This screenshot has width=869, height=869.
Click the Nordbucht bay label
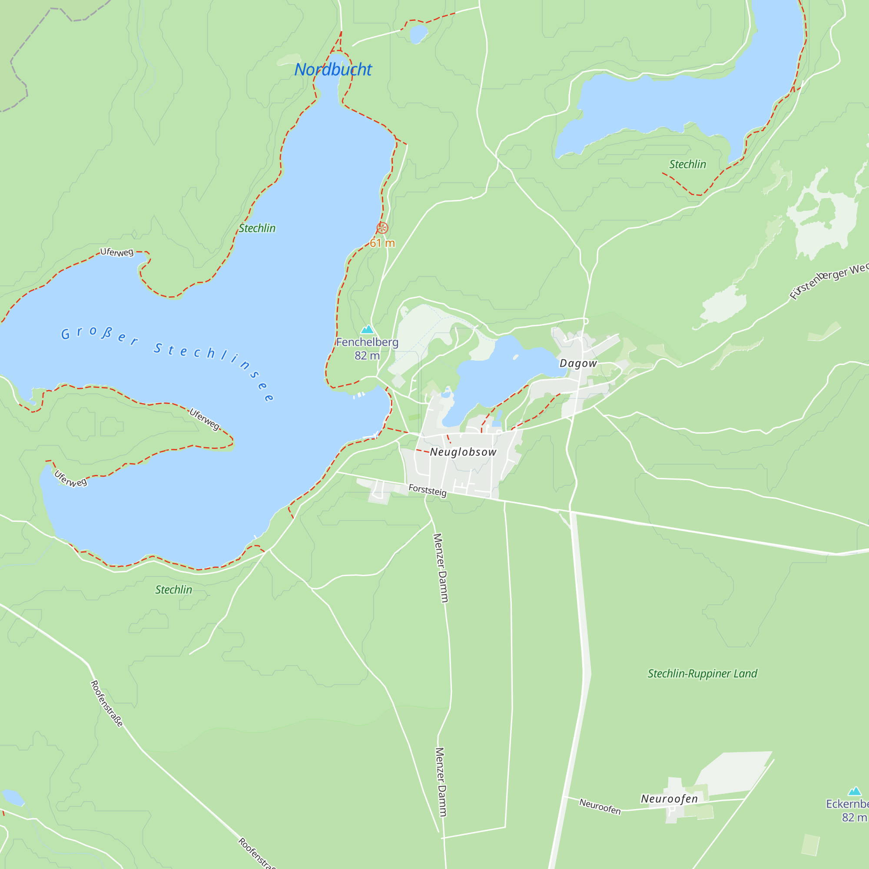pyautogui.click(x=333, y=70)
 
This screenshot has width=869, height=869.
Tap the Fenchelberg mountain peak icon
pyautogui.click(x=368, y=329)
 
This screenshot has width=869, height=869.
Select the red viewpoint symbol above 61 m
pyautogui.click(x=382, y=228)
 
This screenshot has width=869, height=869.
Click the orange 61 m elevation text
pyautogui.click(x=382, y=243)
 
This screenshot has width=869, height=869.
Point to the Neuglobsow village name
pyautogui.click(x=463, y=452)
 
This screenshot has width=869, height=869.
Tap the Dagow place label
pyautogui.click(x=578, y=363)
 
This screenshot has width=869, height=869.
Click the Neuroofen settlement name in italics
pyautogui.click(x=669, y=799)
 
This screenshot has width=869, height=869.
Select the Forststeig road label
pyautogui.click(x=427, y=490)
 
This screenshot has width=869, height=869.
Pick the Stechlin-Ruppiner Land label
pyautogui.click(x=702, y=674)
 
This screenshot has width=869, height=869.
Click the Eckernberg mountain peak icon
pyautogui.click(x=854, y=791)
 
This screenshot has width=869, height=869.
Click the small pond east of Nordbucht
pyautogui.click(x=418, y=33)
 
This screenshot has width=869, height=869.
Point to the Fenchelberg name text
pyautogui.click(x=367, y=342)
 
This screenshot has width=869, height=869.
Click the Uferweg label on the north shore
pyautogui.click(x=117, y=252)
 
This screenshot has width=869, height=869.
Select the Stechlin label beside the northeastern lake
pyautogui.click(x=687, y=165)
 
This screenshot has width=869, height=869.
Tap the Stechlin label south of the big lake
pyautogui.click(x=174, y=590)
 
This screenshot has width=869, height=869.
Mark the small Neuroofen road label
pyautogui.click(x=600, y=806)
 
